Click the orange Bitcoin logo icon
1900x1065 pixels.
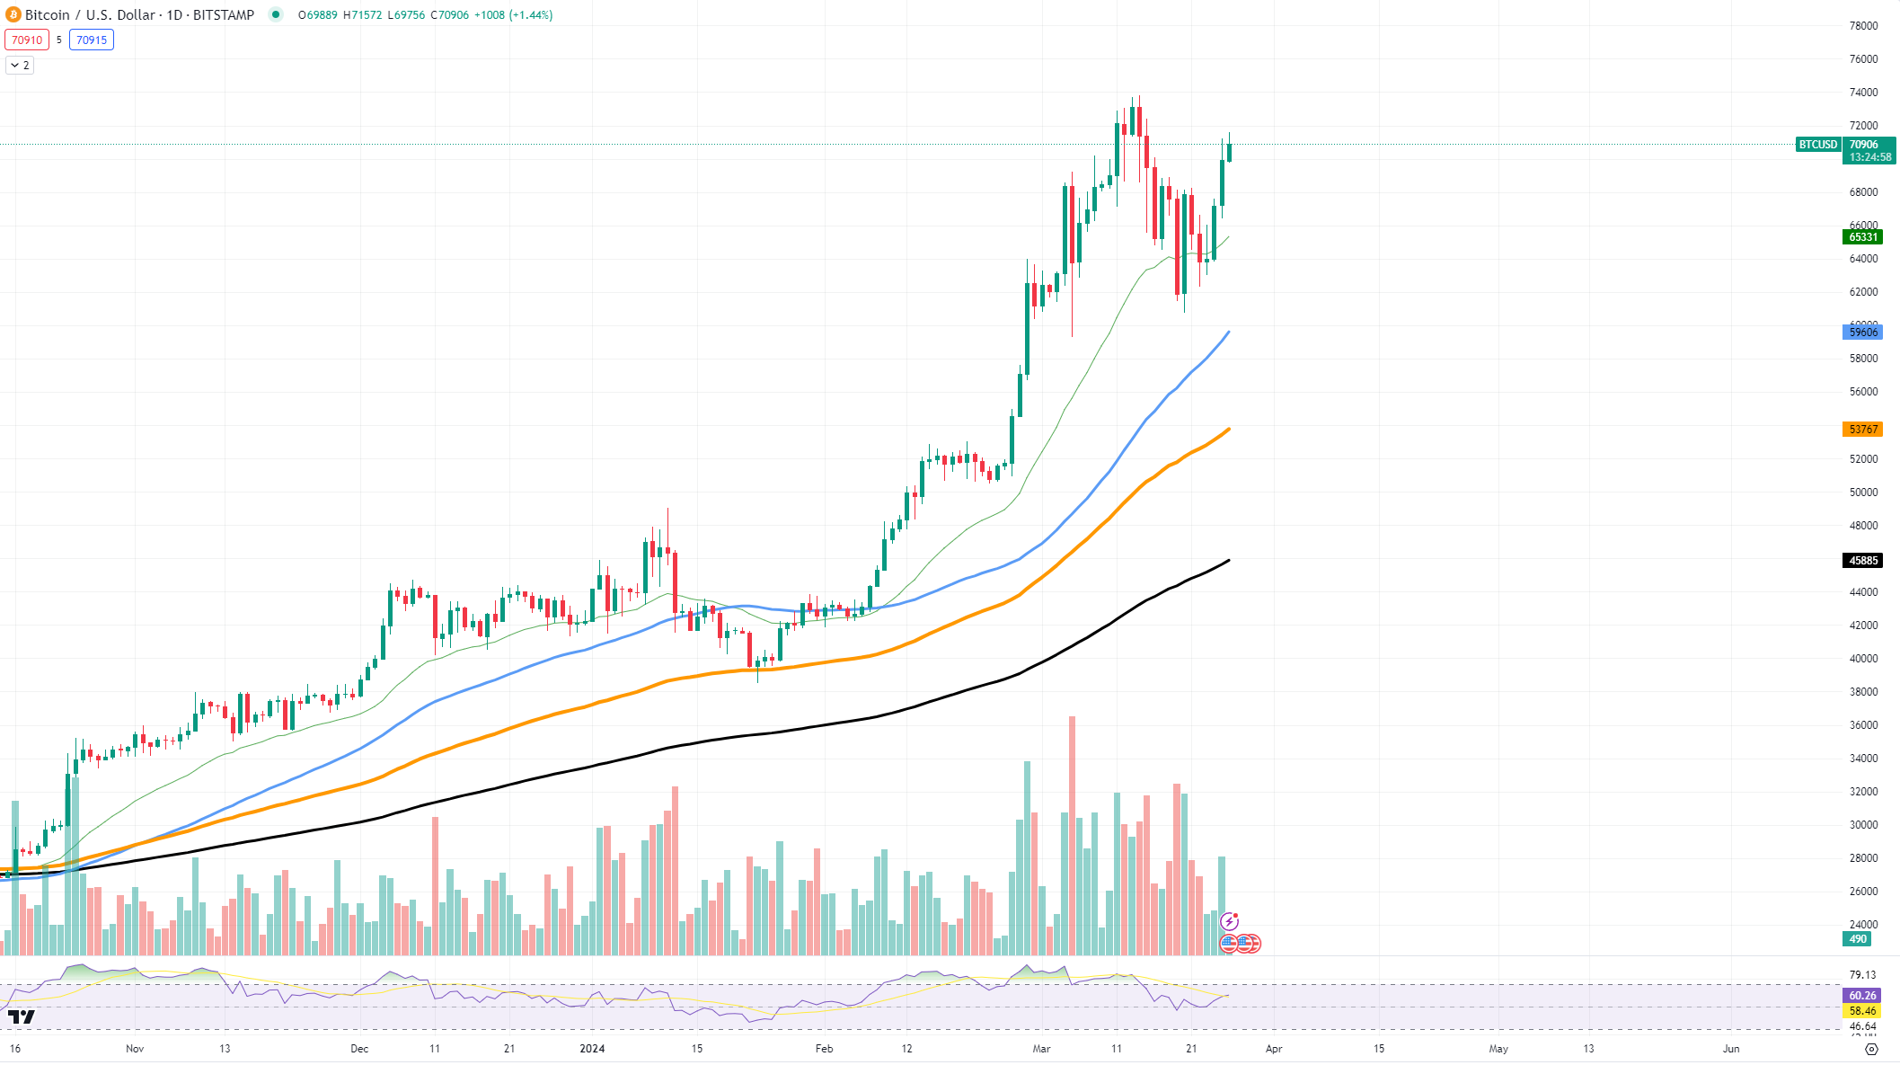click(13, 14)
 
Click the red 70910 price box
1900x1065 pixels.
click(27, 40)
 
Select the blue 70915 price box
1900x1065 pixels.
click(92, 40)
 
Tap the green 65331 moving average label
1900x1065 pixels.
click(1862, 237)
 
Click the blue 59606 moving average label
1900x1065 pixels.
click(1862, 333)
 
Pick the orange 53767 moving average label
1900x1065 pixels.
click(1862, 430)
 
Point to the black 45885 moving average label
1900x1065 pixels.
click(1862, 561)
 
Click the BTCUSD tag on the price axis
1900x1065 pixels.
click(1817, 145)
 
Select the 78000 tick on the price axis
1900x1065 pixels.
click(1863, 26)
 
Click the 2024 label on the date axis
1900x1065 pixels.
click(592, 1049)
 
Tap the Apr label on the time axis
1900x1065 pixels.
click(1273, 1049)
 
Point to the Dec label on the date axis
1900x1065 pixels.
click(359, 1049)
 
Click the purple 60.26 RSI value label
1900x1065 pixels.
click(1862, 996)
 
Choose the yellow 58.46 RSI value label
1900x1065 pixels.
click(1862, 1011)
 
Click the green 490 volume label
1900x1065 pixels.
click(1857, 939)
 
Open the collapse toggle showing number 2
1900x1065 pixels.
click(20, 66)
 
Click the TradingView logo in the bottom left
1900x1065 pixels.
click(21, 1016)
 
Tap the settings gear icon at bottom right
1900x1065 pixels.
click(1871, 1049)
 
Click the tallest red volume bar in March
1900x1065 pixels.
click(1072, 836)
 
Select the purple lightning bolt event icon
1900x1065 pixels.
click(1229, 922)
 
